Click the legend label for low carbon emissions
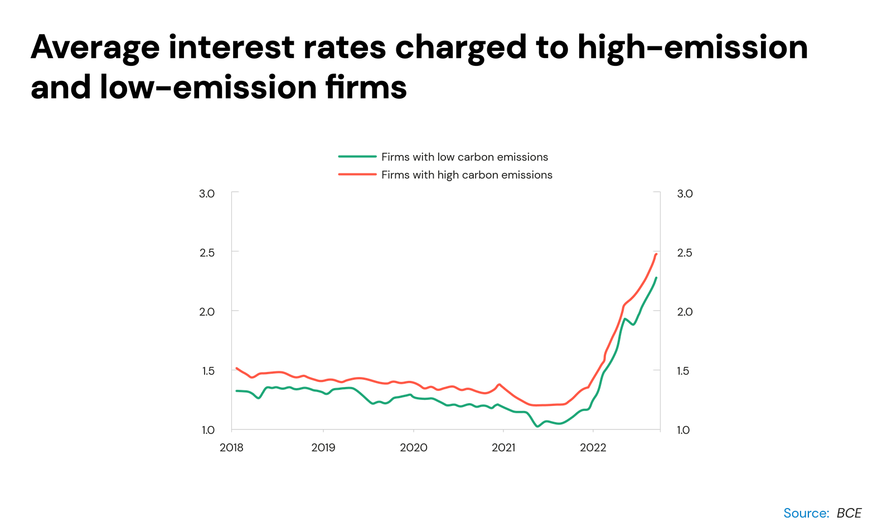pyautogui.click(x=464, y=157)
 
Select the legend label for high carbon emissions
pyautogui.click(x=467, y=175)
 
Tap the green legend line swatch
pyautogui.click(x=357, y=157)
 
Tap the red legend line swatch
pyautogui.click(x=357, y=175)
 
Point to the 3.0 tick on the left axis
pyautogui.click(x=207, y=194)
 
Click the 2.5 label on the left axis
pyautogui.click(x=207, y=253)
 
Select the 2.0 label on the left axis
pyautogui.click(x=207, y=312)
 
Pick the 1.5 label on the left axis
pyautogui.click(x=207, y=371)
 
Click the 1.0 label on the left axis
pyautogui.click(x=207, y=430)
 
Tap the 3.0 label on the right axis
pyautogui.click(x=685, y=194)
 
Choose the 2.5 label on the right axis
pyautogui.click(x=685, y=253)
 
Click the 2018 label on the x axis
pyautogui.click(x=231, y=448)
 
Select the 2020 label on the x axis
pyautogui.click(x=414, y=448)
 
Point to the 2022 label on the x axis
pyautogui.click(x=593, y=448)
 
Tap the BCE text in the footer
pyautogui.click(x=849, y=513)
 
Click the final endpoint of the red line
pyautogui.click(x=657, y=254)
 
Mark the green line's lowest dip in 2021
pyautogui.click(x=537, y=427)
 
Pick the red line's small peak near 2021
pyautogui.click(x=499, y=384)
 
